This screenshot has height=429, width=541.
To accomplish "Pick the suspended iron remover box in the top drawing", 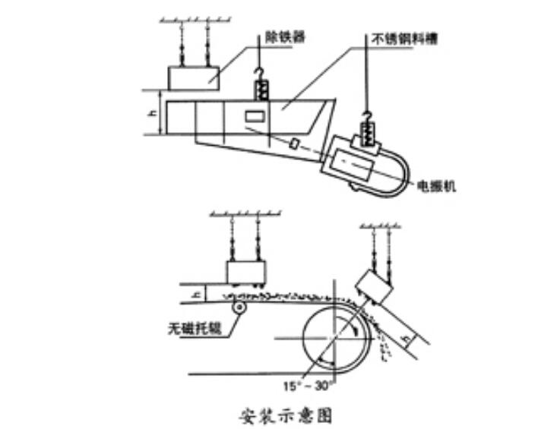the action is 193,77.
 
